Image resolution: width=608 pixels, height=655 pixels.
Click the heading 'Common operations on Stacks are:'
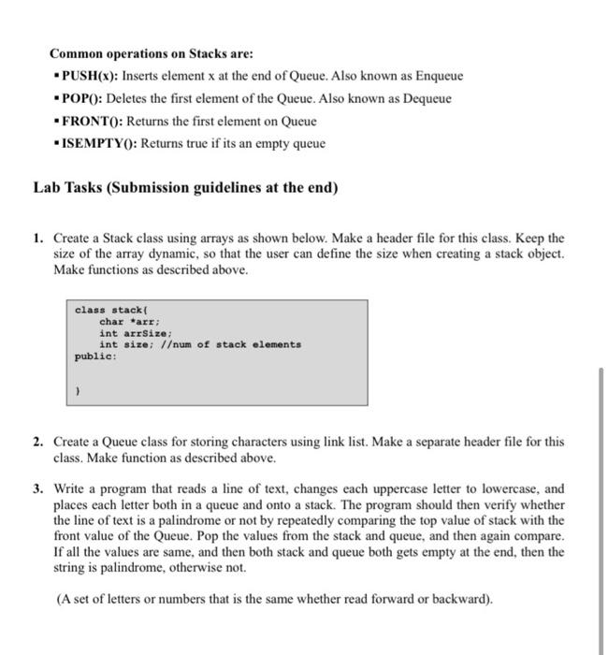[x=151, y=53]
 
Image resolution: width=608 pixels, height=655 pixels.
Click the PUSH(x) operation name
[x=86, y=76]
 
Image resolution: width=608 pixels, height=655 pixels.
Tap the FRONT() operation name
[x=92, y=121]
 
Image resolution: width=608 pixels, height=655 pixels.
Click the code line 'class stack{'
[x=109, y=310]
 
